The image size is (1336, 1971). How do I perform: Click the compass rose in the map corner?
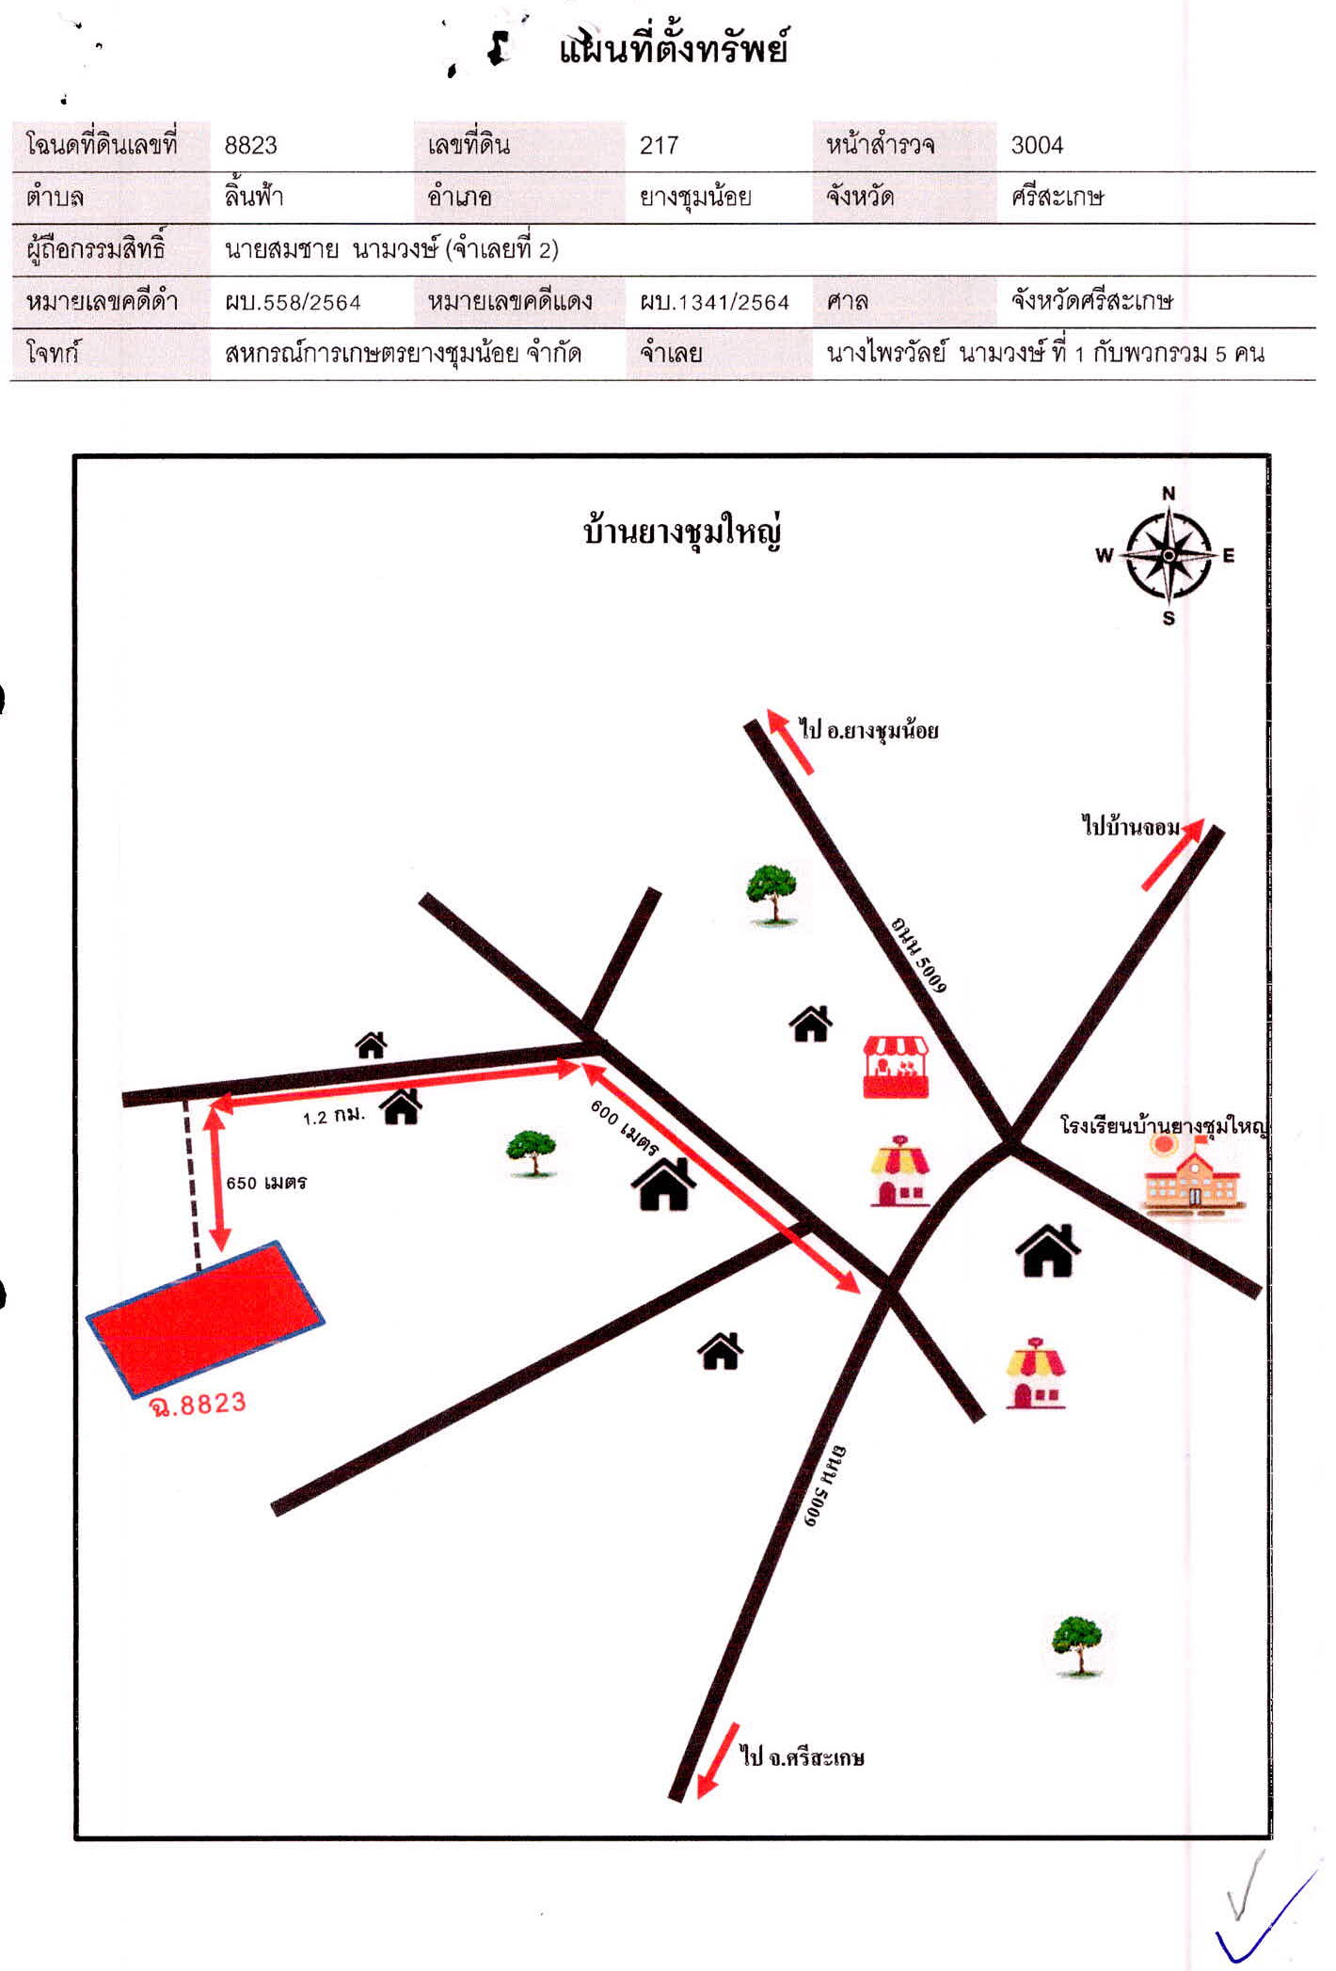1168,555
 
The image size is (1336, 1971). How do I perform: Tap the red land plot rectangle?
205,1318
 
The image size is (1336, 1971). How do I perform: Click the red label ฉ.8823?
198,1406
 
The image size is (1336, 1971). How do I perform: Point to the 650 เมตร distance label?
266,1183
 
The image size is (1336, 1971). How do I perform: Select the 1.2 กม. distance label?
333,1116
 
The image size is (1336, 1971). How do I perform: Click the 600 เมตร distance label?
624,1126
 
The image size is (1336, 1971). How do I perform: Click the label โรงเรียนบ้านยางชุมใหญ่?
1164,1125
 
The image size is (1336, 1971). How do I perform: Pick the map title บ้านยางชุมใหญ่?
682,532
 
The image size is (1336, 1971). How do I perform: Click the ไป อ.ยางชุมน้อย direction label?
868,729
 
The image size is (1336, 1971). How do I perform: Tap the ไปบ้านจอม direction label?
1130,826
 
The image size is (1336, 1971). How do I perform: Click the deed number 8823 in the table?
250,145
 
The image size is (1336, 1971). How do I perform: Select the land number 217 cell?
659,145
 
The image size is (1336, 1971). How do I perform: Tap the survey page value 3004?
1037,145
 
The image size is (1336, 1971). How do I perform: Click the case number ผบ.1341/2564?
715,302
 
